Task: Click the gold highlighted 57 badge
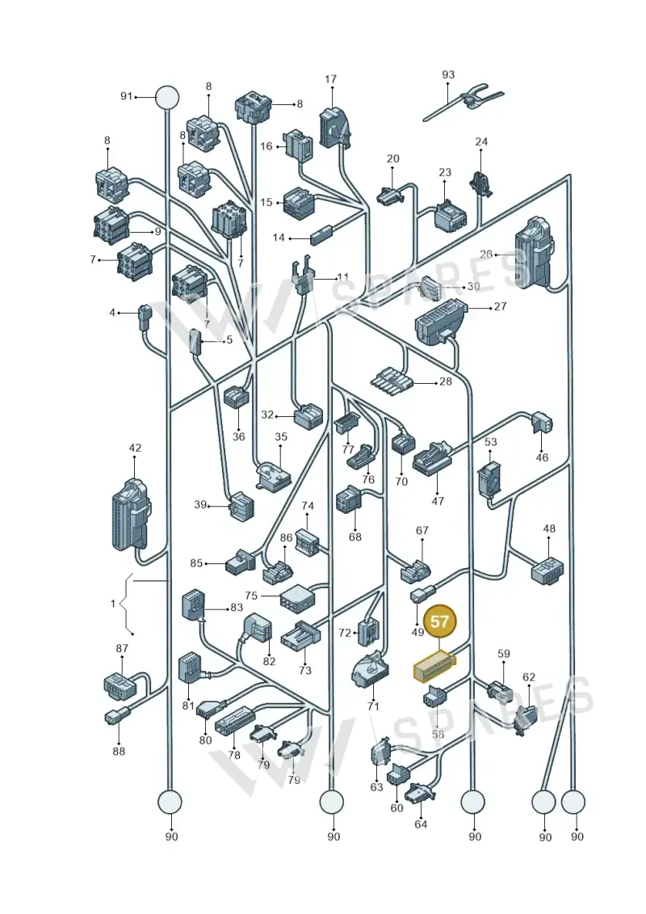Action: tap(440, 621)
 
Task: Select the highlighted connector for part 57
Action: tap(434, 666)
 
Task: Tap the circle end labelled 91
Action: tap(166, 97)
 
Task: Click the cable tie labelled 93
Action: tap(464, 103)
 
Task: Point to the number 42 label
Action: tap(135, 448)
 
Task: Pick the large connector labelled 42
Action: tap(131, 515)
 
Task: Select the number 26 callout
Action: tap(486, 254)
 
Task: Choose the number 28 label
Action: tap(446, 381)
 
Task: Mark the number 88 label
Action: tap(119, 752)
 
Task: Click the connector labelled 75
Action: tap(296, 597)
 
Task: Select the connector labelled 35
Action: tap(274, 474)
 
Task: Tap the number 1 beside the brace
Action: tap(113, 604)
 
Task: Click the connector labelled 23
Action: tap(451, 215)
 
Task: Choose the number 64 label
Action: tap(421, 823)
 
